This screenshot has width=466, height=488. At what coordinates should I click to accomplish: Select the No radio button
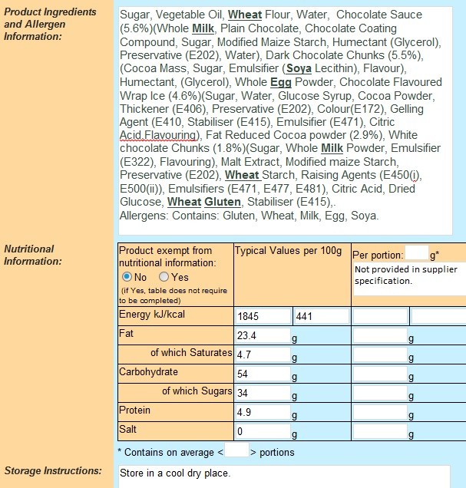coord(127,277)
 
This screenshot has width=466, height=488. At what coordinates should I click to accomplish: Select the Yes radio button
coord(164,277)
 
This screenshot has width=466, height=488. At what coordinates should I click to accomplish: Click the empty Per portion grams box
coord(416,253)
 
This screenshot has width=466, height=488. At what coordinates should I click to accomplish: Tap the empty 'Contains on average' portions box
coord(237,451)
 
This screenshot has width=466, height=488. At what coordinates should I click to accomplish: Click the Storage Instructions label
coord(53,470)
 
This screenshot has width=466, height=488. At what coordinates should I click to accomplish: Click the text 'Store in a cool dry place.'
coord(175,473)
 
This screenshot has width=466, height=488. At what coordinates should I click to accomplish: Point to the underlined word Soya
coord(299,68)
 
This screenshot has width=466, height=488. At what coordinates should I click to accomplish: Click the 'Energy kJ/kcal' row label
coord(152,315)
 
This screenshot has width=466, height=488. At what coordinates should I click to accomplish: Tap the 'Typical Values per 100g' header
coord(288,251)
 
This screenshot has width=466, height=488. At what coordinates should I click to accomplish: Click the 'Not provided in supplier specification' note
coord(406,275)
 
